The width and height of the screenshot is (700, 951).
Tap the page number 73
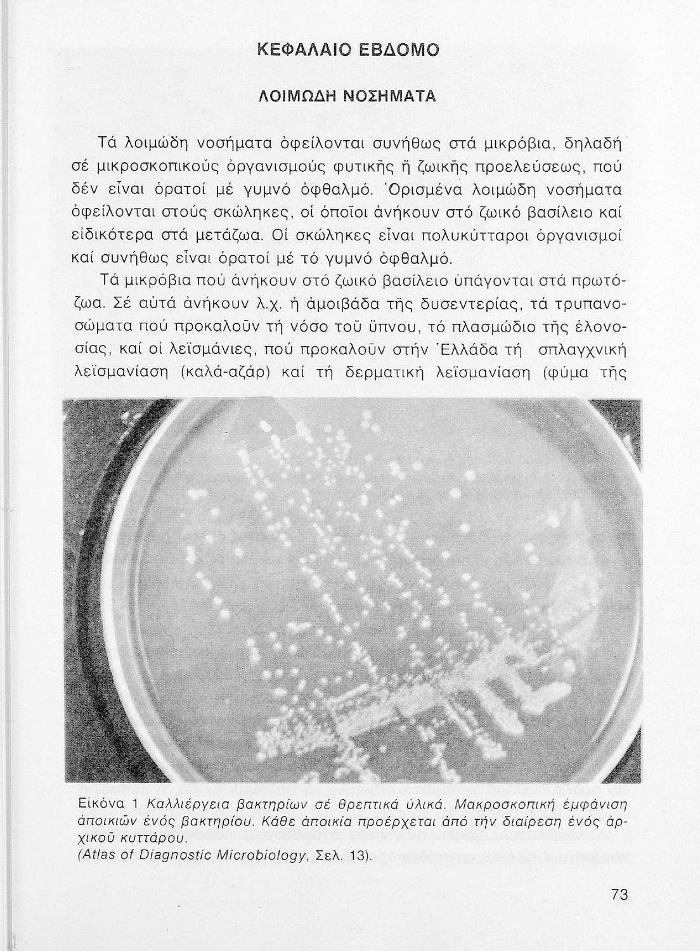tap(619, 895)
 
